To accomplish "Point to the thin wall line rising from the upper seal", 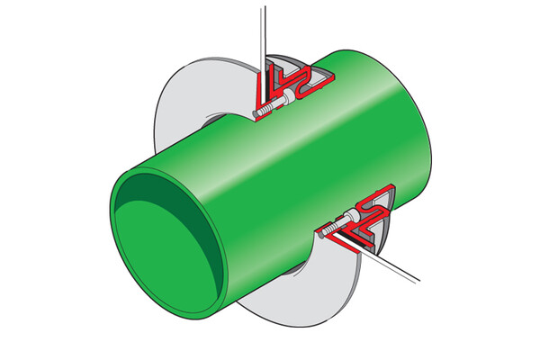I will (x=261, y=36).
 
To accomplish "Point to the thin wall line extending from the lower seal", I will (x=396, y=265).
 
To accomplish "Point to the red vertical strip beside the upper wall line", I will (x=255, y=85).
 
